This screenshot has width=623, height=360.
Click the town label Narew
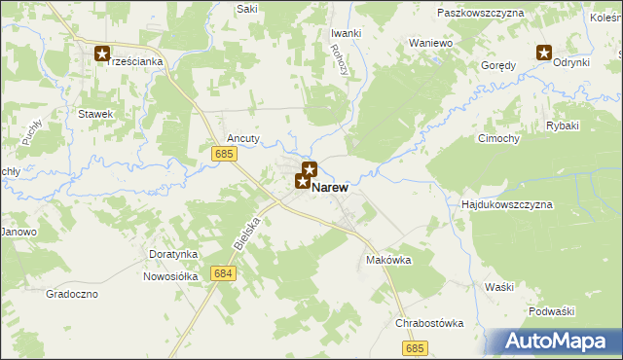(331, 188)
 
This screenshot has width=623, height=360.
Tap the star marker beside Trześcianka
(102, 54)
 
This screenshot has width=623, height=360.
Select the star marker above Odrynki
(544, 54)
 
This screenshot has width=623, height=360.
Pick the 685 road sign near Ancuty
(223, 154)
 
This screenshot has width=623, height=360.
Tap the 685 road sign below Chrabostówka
(416, 347)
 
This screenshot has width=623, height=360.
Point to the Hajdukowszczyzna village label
(506, 205)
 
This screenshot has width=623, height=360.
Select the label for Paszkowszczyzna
(481, 13)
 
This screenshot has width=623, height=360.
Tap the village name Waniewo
(431, 44)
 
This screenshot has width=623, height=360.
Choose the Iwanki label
(346, 33)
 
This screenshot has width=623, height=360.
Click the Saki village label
(247, 8)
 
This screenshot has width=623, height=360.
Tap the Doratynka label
(173, 254)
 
